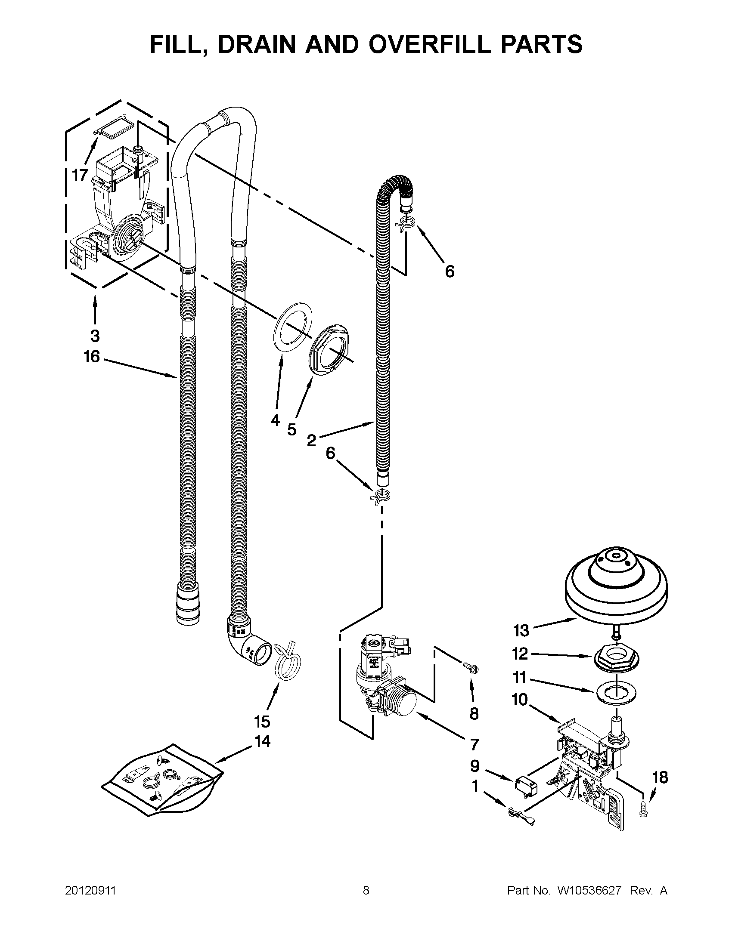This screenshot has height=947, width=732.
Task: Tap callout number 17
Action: (x=80, y=176)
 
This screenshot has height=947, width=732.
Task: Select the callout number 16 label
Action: (x=92, y=357)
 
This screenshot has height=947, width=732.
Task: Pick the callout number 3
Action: (x=95, y=336)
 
